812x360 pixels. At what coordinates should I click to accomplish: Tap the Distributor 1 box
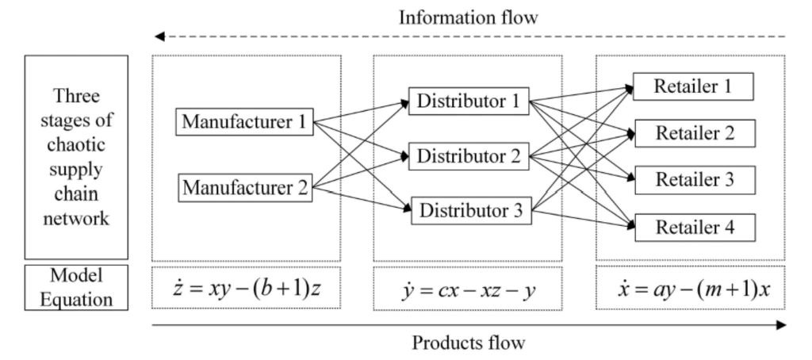(x=468, y=101)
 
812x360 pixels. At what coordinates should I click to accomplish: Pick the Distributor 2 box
(x=468, y=156)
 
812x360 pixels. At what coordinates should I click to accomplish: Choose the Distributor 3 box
(x=468, y=212)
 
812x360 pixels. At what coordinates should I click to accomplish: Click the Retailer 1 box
(x=693, y=86)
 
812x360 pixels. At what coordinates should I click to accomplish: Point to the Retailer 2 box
(x=693, y=133)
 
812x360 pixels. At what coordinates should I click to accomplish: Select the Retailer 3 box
(x=693, y=180)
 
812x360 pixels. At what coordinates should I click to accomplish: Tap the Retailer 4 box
(x=693, y=227)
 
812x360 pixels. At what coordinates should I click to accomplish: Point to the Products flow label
(x=468, y=344)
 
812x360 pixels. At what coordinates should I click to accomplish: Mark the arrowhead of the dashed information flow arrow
(x=159, y=36)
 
